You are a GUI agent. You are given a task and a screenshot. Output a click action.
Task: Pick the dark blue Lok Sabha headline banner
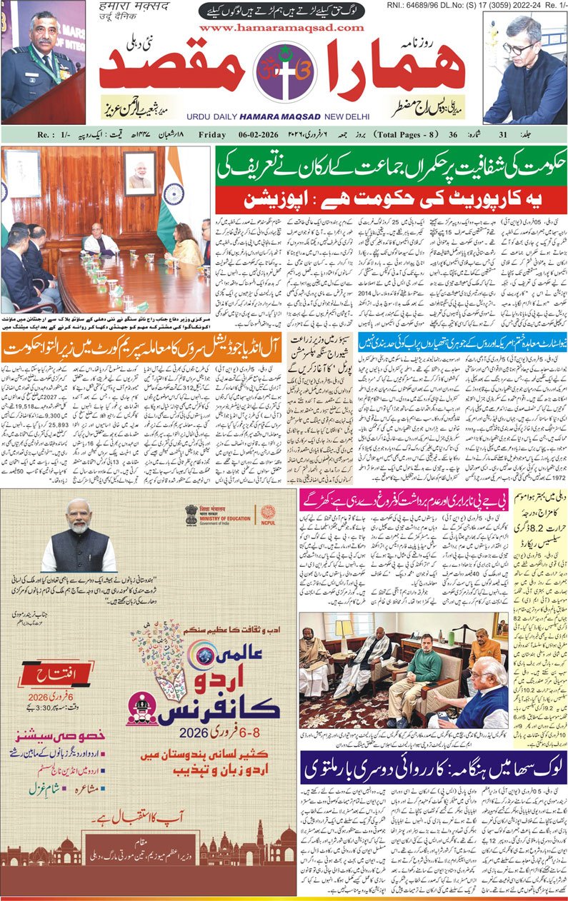tap(433, 767)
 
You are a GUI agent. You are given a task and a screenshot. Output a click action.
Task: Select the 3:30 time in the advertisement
tap(54, 713)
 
